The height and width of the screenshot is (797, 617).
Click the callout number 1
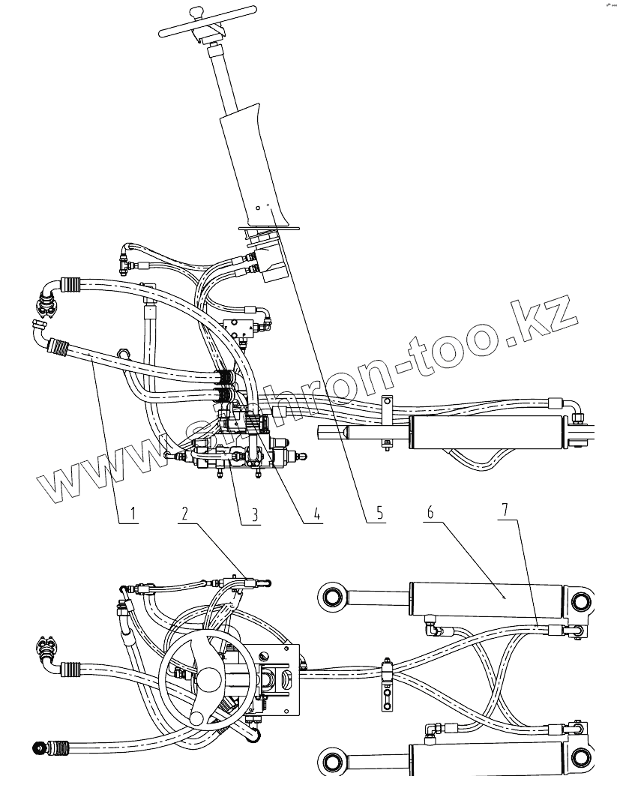pyautogui.click(x=132, y=514)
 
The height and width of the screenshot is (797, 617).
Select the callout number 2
pyautogui.click(x=185, y=514)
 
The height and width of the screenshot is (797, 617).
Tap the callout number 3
pyautogui.click(x=255, y=514)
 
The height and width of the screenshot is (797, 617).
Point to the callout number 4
pyautogui.click(x=317, y=514)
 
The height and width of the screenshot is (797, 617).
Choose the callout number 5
pyautogui.click(x=379, y=514)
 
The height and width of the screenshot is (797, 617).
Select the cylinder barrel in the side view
pyautogui.click(x=487, y=434)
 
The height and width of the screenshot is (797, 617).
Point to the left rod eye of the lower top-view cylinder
pyautogui.click(x=332, y=764)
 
